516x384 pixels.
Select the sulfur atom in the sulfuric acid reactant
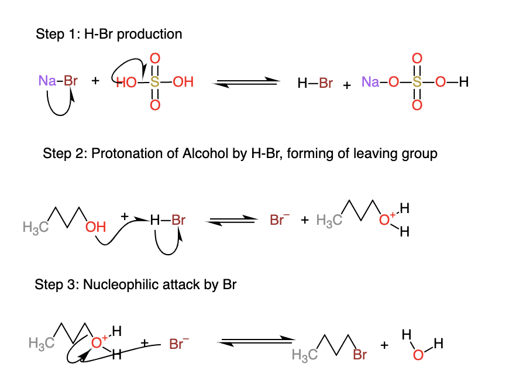[x=154, y=82]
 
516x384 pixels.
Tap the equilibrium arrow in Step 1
[x=244, y=83]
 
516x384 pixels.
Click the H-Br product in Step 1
[x=315, y=83]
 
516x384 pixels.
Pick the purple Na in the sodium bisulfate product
[x=370, y=83]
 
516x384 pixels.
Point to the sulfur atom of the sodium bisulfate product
[x=417, y=83]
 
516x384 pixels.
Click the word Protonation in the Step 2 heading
[x=121, y=154]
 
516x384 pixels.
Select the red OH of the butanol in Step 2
[x=95, y=227]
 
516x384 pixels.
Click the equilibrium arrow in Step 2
[x=233, y=221]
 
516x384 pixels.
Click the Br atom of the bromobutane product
[x=360, y=355]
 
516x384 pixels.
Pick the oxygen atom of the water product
[x=417, y=355]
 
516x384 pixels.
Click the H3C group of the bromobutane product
[x=304, y=355]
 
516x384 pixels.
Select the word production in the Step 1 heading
[x=153, y=34]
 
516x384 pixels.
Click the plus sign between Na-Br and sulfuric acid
[x=95, y=82]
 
